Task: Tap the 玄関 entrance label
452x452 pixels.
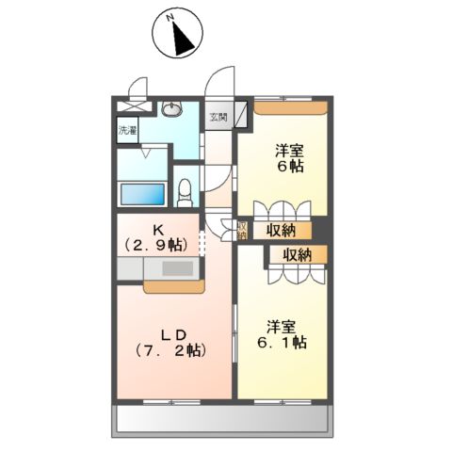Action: click(x=219, y=118)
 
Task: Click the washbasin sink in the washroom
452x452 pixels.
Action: click(x=173, y=110)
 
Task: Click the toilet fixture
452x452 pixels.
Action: click(x=185, y=191)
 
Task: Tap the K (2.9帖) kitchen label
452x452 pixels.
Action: click(x=156, y=236)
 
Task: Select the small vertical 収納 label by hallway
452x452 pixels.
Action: click(x=242, y=229)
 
